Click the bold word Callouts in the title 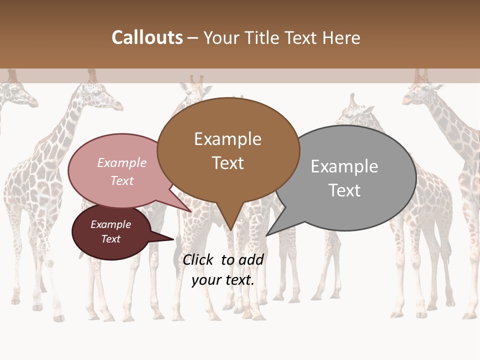point(147,37)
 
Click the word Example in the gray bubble point(344,166)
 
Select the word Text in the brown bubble point(228,163)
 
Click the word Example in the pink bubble point(121,162)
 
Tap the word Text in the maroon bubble point(111,239)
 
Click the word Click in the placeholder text point(197,259)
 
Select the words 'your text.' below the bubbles point(223,280)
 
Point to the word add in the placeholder point(250,259)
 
